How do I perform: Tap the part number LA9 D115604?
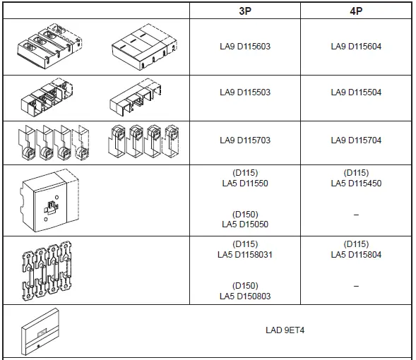[x=356, y=47]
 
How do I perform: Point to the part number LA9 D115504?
[x=356, y=92]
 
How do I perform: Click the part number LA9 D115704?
[x=356, y=140]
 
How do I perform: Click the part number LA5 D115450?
[x=356, y=183]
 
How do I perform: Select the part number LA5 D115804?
[x=356, y=255]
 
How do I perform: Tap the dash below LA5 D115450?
[x=356, y=214]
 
